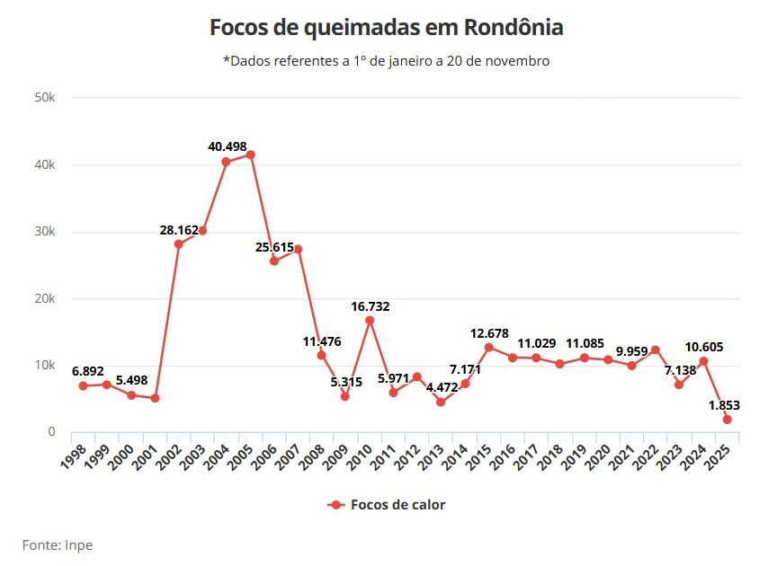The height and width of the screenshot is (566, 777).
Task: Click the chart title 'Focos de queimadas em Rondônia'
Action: (387, 28)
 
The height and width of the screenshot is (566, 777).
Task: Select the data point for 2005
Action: (250, 155)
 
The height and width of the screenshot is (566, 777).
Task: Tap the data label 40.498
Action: (227, 147)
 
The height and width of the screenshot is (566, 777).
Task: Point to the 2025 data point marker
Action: (727, 420)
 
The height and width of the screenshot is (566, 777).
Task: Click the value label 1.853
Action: (724, 405)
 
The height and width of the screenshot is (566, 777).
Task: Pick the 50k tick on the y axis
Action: (45, 98)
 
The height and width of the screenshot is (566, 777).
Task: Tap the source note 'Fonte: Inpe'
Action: (58, 544)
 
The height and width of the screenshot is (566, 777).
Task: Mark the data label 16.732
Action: (371, 306)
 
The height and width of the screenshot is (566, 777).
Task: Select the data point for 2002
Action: (179, 243)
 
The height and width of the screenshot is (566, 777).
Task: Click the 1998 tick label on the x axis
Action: (76, 454)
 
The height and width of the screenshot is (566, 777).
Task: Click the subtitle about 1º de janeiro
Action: (387, 61)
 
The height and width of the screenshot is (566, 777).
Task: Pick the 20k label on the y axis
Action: (45, 298)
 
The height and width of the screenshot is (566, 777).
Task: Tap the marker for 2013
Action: (441, 402)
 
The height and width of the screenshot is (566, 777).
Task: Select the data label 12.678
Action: (489, 333)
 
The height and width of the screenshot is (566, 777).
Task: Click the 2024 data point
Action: (703, 361)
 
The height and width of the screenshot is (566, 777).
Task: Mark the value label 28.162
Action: (179, 230)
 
